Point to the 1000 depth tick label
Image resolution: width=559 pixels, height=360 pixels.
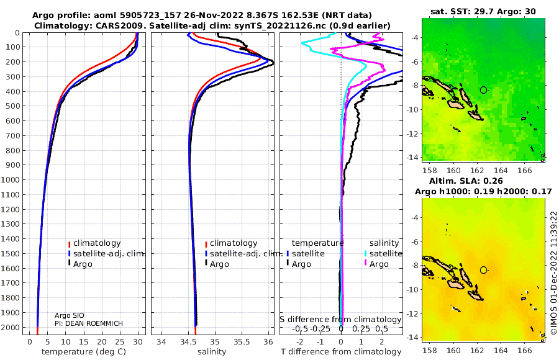10,179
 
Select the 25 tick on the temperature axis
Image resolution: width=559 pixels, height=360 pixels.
120,342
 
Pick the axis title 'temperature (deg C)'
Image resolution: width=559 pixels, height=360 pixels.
84,352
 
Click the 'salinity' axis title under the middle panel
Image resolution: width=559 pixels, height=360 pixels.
212,352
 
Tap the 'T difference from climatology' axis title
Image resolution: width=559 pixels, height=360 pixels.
341,352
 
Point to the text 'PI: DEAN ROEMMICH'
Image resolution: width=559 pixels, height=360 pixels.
89,323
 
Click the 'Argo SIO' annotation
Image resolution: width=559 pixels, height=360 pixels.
70,315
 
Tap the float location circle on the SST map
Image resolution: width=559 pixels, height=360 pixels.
483,90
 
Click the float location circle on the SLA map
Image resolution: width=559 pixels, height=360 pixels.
483,270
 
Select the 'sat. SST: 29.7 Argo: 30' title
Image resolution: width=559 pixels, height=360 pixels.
483,11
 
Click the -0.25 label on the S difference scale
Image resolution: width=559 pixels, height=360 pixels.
321,328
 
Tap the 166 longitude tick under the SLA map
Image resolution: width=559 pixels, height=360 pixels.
524,350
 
